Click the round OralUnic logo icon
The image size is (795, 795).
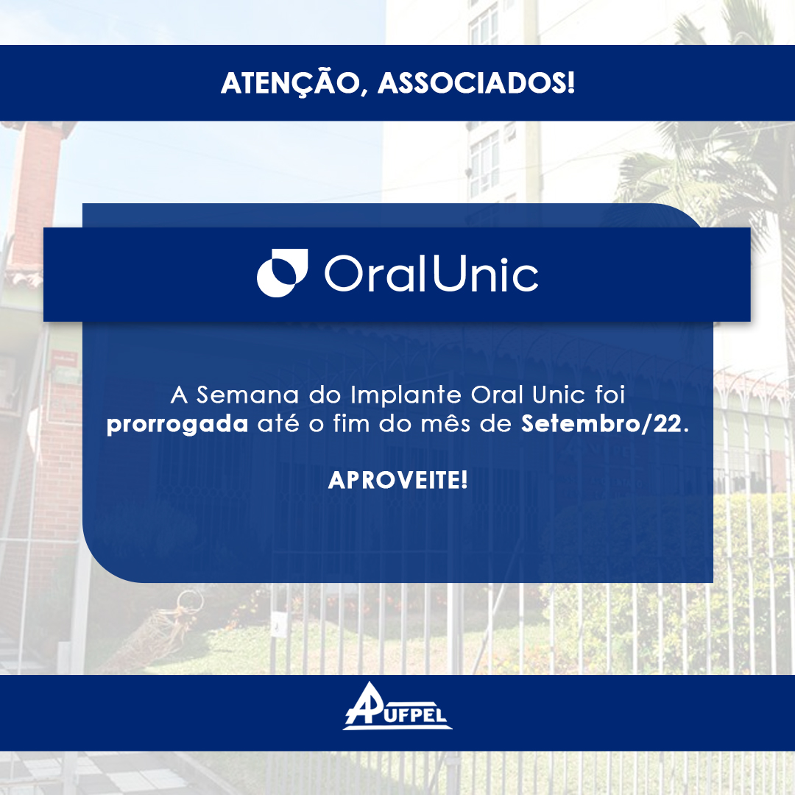282,273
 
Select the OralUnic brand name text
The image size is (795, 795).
431,274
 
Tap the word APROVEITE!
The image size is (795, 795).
397,481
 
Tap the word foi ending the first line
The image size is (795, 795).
608,395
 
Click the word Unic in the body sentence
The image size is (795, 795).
556,395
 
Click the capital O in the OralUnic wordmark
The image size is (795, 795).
342,275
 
